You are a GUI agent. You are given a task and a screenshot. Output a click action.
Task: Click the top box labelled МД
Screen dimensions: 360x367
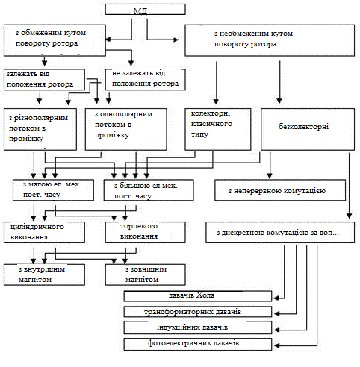pyautogui.click(x=145, y=10)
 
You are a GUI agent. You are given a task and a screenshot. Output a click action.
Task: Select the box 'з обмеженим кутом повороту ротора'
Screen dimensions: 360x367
pyautogui.click(x=55, y=40)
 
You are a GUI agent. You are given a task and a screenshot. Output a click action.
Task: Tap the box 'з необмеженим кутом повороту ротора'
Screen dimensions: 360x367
pyautogui.click(x=270, y=40)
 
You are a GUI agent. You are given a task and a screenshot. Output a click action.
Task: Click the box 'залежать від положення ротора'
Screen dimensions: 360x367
pyautogui.click(x=44, y=80)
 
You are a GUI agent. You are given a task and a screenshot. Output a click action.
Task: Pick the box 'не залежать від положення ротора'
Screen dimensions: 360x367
pyautogui.click(x=145, y=80)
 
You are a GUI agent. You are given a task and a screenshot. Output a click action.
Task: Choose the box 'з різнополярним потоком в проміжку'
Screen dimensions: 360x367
pyautogui.click(x=40, y=129)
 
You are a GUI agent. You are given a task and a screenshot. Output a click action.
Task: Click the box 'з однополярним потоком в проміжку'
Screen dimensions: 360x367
pyautogui.click(x=125, y=129)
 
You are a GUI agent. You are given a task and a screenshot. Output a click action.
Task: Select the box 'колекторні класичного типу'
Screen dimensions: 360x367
pyautogui.click(x=218, y=129)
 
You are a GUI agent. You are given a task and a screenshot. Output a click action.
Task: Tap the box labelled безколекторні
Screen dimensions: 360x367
pyautogui.click(x=308, y=129)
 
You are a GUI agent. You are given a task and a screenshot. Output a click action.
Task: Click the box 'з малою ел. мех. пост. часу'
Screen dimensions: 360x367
pyautogui.click(x=53, y=190)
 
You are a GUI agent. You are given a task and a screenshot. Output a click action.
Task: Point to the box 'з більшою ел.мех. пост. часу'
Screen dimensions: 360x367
pyautogui.click(x=149, y=190)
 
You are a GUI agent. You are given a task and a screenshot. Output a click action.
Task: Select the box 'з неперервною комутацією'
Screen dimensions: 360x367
pyautogui.click(x=280, y=190)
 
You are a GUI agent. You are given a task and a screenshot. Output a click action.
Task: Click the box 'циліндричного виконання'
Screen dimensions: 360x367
pyautogui.click(x=44, y=232)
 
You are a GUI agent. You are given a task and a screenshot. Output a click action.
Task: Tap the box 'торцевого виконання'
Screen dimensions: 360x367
pyautogui.click(x=145, y=232)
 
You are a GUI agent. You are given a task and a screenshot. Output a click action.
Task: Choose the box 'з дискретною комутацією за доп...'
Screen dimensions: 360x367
pyautogui.click(x=280, y=232)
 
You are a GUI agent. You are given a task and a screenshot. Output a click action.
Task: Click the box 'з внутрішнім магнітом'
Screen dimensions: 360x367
pyautogui.click(x=44, y=275)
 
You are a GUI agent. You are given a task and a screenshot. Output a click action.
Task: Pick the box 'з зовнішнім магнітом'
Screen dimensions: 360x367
pyautogui.click(x=145, y=275)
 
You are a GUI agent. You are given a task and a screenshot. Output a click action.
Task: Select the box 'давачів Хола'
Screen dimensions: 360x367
pyautogui.click(x=198, y=296)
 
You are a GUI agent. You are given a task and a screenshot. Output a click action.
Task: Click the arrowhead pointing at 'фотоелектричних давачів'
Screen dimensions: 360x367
pyautogui.click(x=276, y=345)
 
